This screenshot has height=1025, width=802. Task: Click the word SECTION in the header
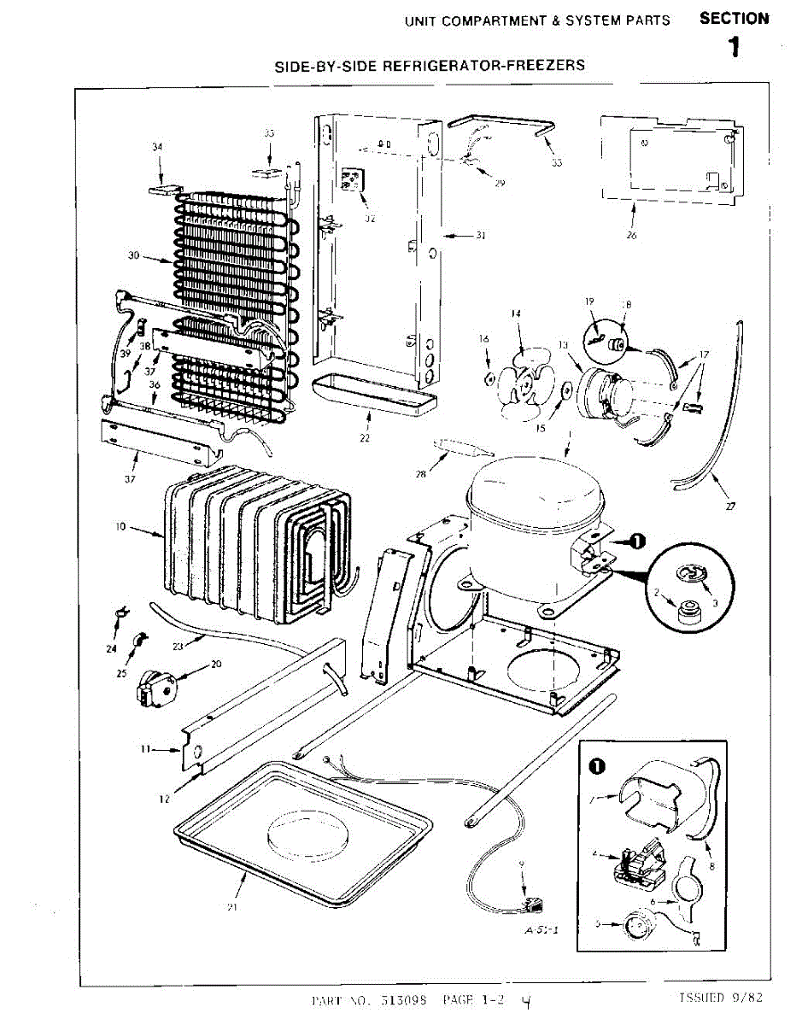tap(734, 19)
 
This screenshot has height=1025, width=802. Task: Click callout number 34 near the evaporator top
tap(157, 147)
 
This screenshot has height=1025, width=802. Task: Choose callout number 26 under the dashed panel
tap(631, 235)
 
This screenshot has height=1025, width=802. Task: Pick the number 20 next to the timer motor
tap(216, 664)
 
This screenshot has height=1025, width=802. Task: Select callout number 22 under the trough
tap(366, 439)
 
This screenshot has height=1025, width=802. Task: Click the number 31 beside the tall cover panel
tap(479, 236)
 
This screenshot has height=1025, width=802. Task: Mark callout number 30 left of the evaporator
tap(134, 256)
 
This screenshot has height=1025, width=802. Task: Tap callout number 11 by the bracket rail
tap(145, 749)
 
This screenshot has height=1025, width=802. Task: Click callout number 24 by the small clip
tap(111, 649)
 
